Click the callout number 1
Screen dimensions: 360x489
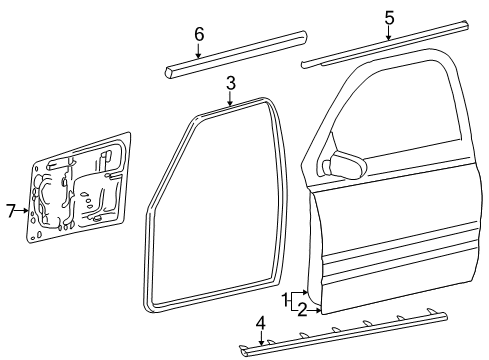click(x=285, y=298)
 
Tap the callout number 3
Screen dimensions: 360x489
click(x=230, y=82)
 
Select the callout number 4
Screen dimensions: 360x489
click(x=260, y=322)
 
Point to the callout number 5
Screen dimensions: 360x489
click(x=389, y=17)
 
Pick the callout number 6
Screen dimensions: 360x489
click(x=198, y=34)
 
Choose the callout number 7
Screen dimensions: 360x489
click(x=11, y=210)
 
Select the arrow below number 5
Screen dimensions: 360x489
click(x=389, y=34)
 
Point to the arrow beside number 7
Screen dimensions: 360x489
click(x=22, y=210)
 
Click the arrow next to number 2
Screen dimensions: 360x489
click(x=316, y=309)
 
